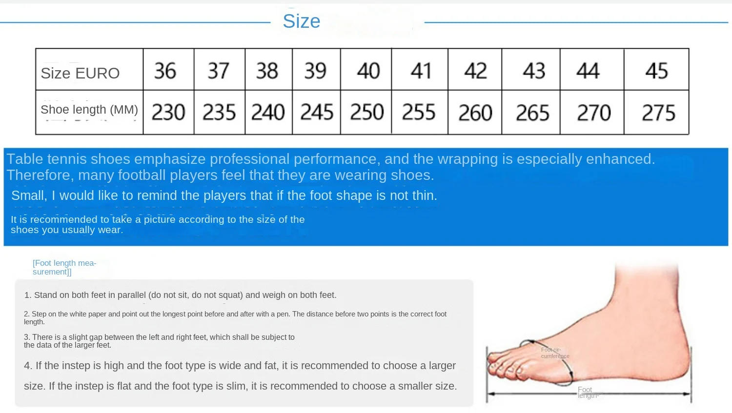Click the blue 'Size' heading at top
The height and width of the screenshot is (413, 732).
(301, 21)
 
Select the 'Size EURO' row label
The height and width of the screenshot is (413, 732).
(80, 73)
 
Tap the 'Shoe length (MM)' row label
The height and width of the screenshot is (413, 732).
(89, 110)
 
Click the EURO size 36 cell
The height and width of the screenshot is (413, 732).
(165, 71)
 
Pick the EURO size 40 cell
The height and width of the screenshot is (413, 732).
(368, 71)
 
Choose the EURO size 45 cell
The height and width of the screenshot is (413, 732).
(656, 71)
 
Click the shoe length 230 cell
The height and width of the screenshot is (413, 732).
(168, 113)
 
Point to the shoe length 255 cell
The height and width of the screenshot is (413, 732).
(418, 113)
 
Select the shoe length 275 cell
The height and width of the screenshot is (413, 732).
(658, 113)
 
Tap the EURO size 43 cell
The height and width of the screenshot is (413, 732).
(533, 71)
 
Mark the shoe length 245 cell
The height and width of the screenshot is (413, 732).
(316, 113)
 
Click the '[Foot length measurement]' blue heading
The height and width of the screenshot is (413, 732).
(64, 267)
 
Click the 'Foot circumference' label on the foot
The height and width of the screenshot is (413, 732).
(555, 353)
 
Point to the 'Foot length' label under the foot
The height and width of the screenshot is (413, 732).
(587, 393)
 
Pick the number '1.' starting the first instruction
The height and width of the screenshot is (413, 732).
(28, 295)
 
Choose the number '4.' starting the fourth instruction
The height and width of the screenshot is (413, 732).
(28, 366)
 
